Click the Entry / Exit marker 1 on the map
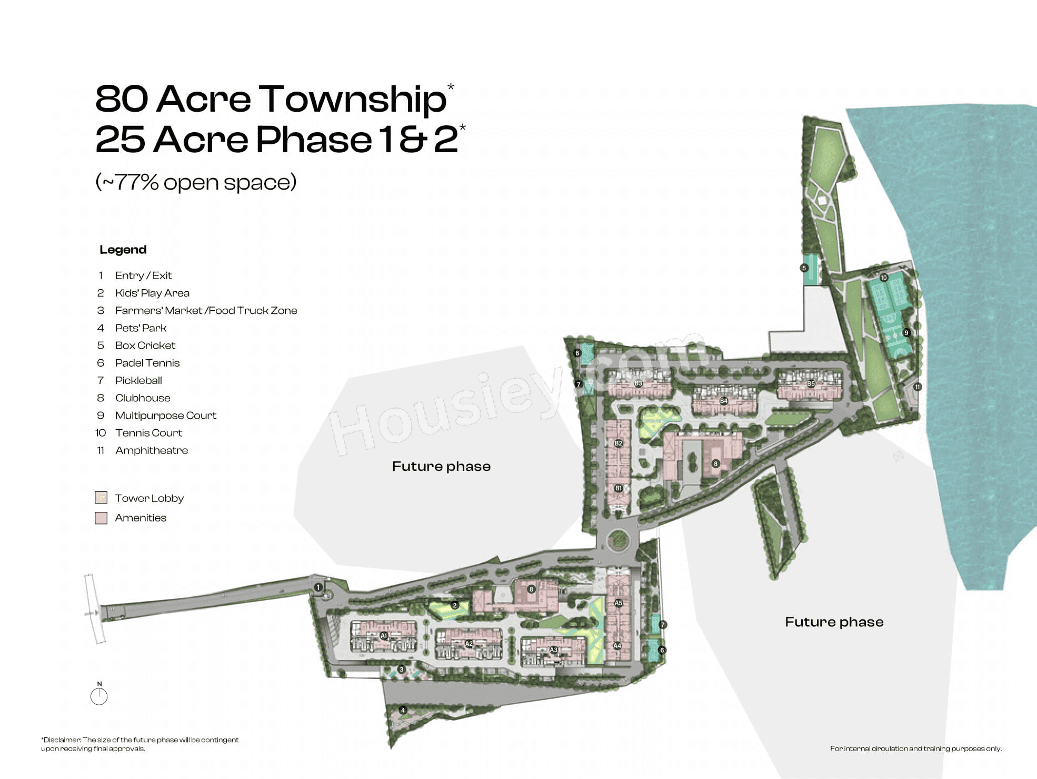(x=318, y=587)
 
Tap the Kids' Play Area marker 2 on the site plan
(x=455, y=605)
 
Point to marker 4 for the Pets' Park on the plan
(x=403, y=710)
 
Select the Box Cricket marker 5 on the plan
(x=804, y=268)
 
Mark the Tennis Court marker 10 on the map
(x=884, y=278)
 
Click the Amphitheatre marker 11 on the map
(x=917, y=387)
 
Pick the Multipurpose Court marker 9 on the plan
(x=906, y=333)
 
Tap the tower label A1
(x=384, y=636)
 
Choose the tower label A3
(x=553, y=650)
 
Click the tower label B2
(x=619, y=443)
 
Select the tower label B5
(x=811, y=384)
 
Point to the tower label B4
(x=723, y=401)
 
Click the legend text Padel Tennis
(x=147, y=363)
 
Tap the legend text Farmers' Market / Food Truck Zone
(x=206, y=311)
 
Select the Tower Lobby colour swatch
(x=101, y=498)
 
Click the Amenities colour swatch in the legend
(x=101, y=518)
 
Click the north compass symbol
(x=99, y=695)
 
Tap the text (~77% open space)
(x=196, y=182)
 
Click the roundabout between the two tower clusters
(x=618, y=540)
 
